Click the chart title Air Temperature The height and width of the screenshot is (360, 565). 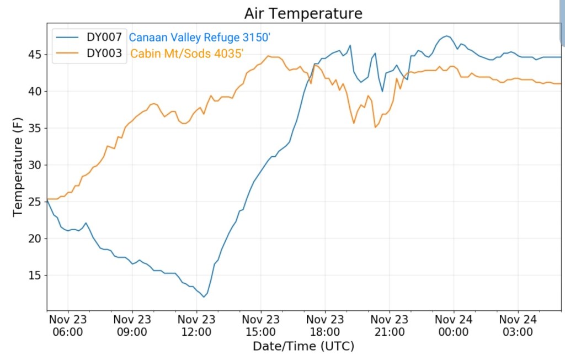tap(303, 13)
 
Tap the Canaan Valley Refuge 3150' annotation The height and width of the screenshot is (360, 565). tap(199, 38)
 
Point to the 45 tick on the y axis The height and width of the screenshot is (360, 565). tap(35, 55)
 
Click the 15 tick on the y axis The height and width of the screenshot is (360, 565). tap(35, 276)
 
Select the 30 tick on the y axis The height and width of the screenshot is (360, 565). tap(35, 165)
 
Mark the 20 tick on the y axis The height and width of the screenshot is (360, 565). tap(35, 239)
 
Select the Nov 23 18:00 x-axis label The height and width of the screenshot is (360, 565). tap(325, 326)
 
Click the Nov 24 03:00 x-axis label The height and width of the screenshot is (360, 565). tap(518, 326)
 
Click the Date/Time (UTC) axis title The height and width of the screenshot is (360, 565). tap(303, 347)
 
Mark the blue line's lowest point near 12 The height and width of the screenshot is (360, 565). tap(204, 297)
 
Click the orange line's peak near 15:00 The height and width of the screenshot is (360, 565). tap(269, 56)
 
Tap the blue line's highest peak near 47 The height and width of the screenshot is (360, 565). tap(446, 36)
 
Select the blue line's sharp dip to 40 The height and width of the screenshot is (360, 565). tap(382, 91)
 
